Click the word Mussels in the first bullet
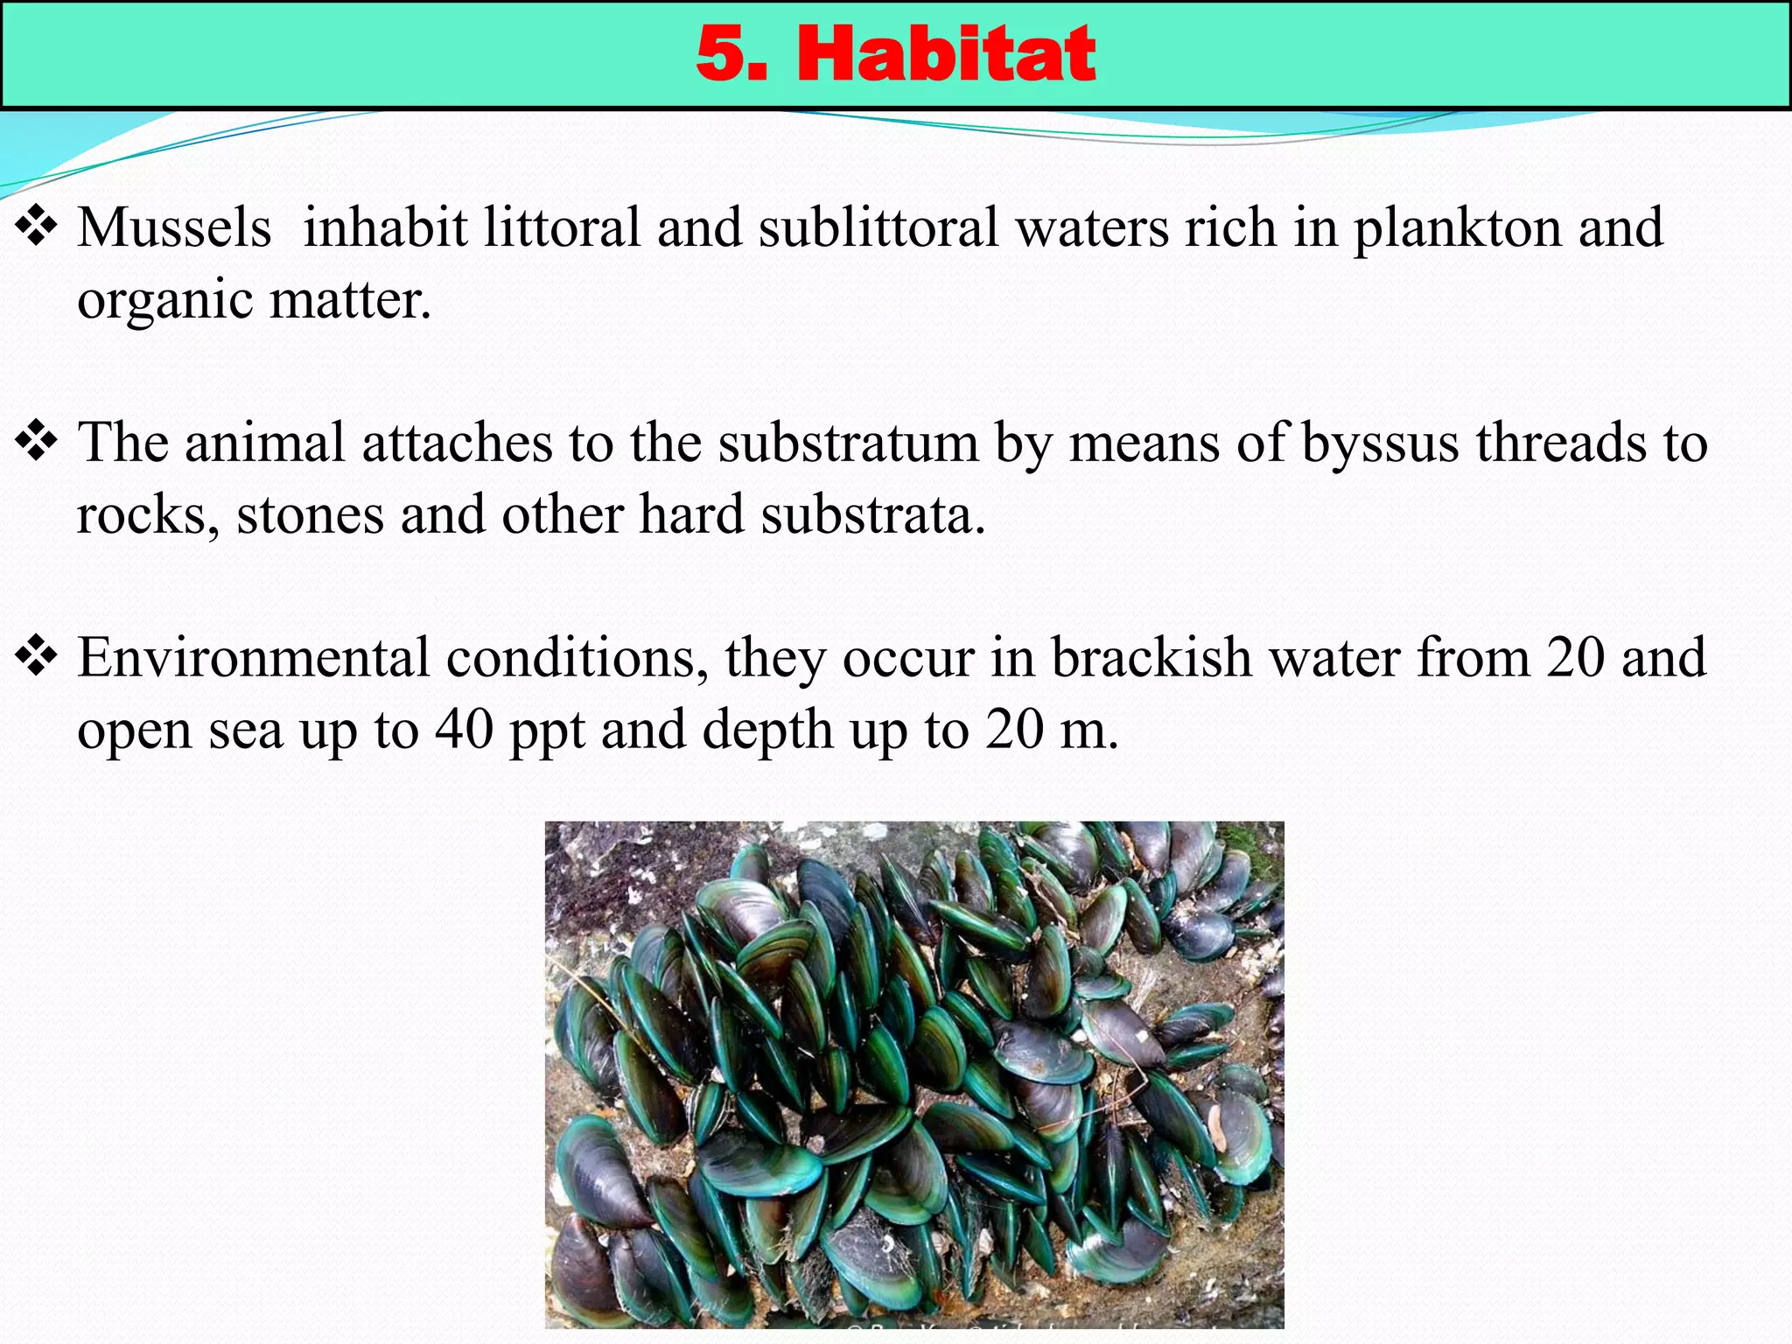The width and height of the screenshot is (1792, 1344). (x=174, y=227)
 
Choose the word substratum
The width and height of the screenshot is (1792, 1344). (x=848, y=443)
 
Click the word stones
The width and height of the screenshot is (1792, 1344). (x=310, y=514)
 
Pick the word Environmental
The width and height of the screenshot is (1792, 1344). (x=253, y=657)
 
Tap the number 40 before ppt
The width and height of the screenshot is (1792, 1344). (x=464, y=729)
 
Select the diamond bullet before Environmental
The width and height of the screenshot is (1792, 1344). (x=36, y=657)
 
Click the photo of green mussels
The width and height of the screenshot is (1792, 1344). (x=914, y=1074)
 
